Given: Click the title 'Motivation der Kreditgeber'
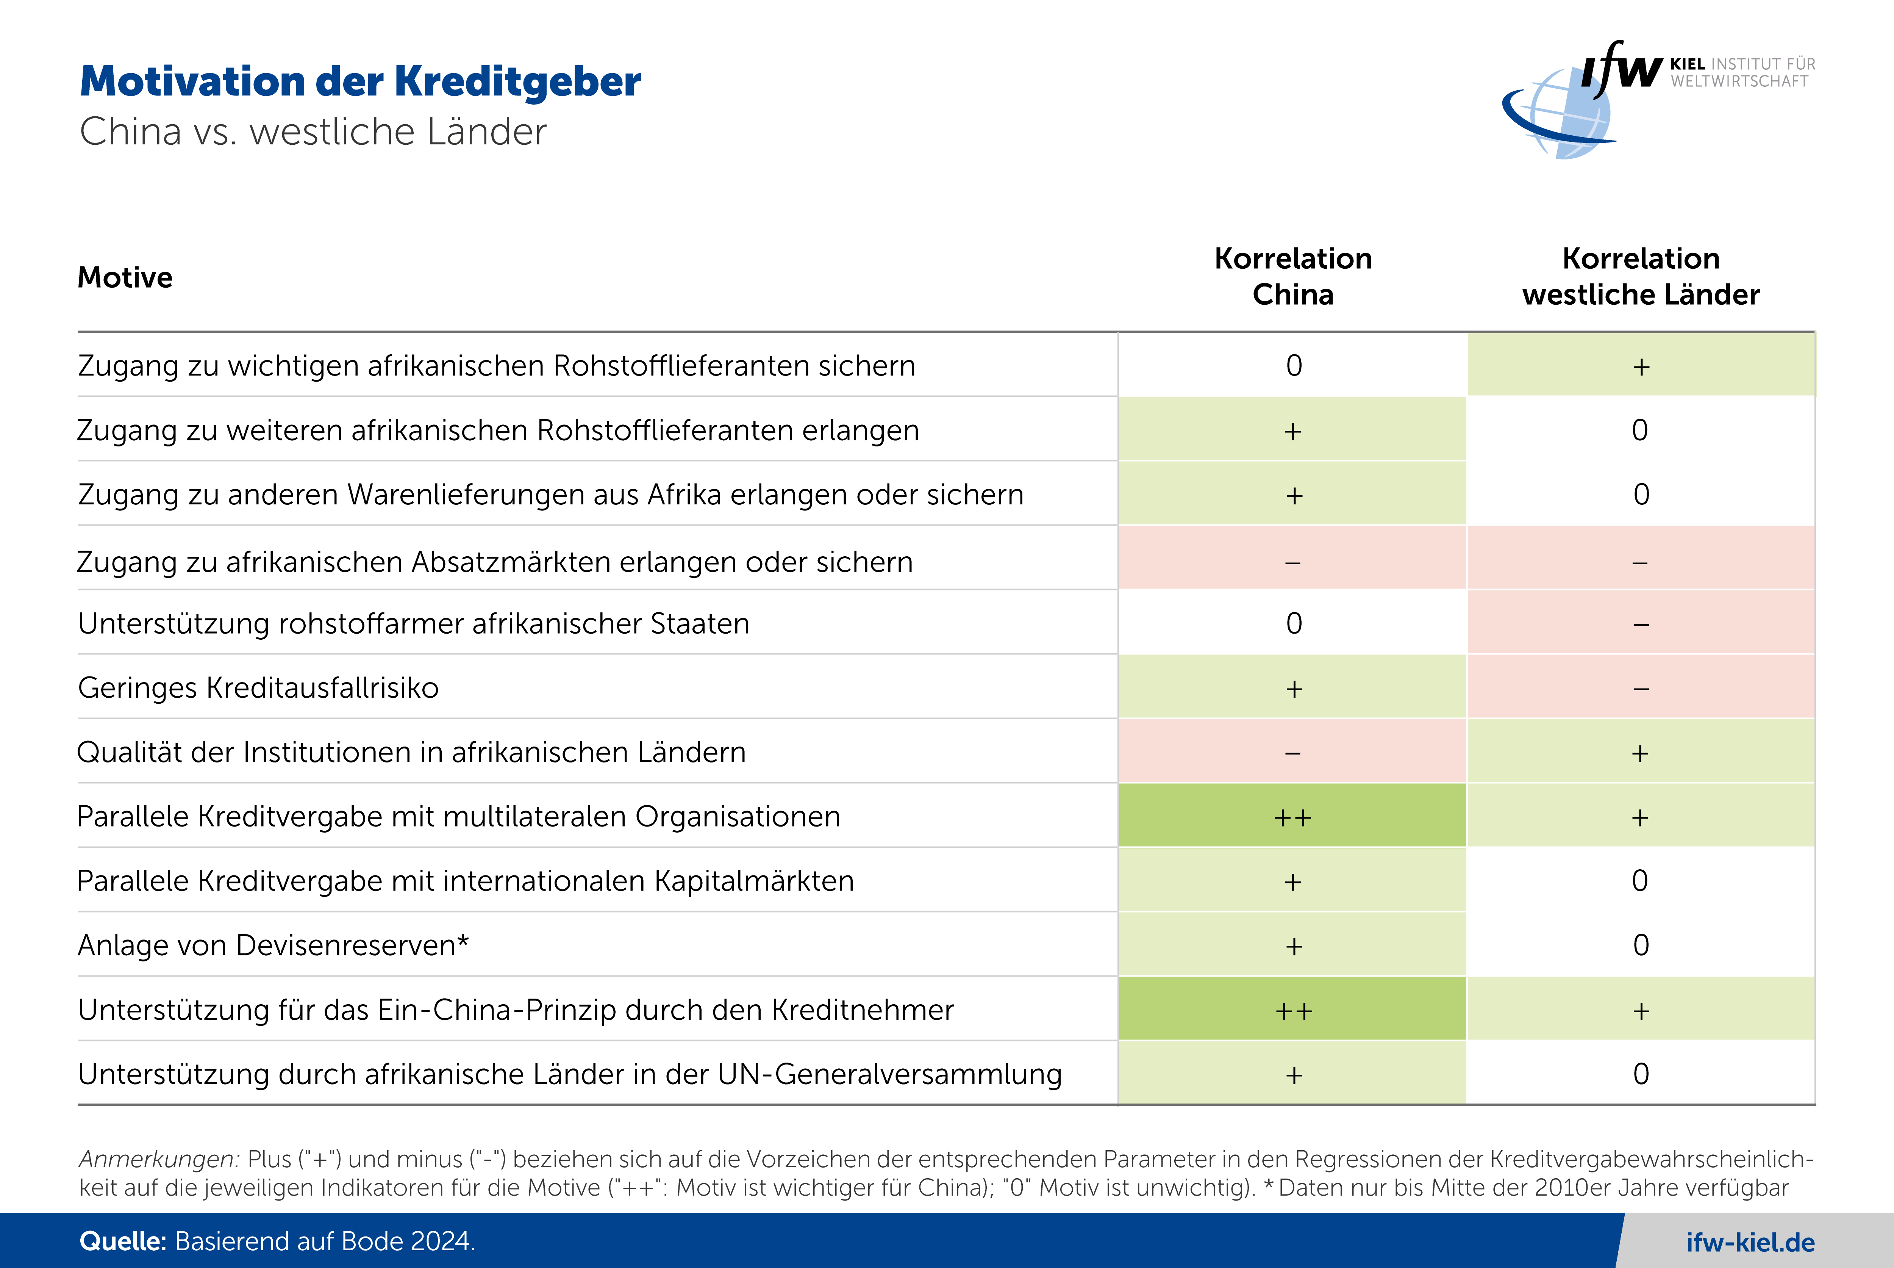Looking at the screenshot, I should (x=360, y=82).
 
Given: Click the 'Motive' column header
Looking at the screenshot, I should (x=125, y=277).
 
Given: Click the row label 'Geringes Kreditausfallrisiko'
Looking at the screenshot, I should (x=258, y=687).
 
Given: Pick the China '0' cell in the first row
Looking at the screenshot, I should (x=1293, y=366).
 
